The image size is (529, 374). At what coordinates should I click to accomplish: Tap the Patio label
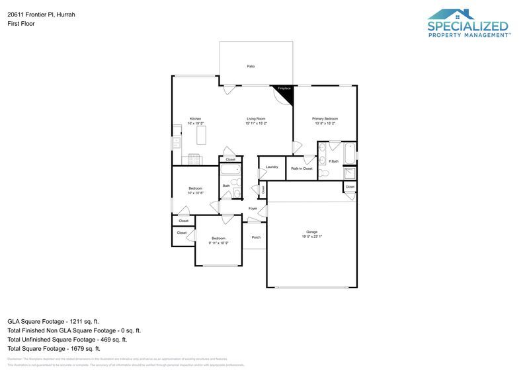click(x=251, y=67)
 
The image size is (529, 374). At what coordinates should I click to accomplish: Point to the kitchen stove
click(x=194, y=159)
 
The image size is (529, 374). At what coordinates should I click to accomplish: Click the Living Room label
click(x=256, y=119)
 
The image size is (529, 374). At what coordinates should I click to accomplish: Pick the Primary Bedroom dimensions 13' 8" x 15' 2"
click(x=325, y=124)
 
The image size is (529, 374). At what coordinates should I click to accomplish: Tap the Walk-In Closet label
click(x=302, y=168)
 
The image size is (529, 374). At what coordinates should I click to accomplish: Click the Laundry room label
click(x=272, y=167)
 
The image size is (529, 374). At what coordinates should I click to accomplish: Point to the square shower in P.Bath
click(x=348, y=172)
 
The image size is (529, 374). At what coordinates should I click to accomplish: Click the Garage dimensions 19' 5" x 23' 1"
click(x=311, y=237)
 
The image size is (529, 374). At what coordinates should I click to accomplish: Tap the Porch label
click(x=256, y=237)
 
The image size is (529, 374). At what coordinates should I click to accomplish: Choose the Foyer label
click(x=253, y=209)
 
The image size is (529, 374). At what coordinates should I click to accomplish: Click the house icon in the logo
click(x=451, y=15)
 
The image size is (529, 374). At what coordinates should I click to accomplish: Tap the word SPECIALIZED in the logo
click(x=468, y=26)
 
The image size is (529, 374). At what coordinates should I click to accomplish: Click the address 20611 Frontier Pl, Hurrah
click(x=41, y=13)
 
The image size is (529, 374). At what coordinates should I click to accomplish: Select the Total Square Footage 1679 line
click(x=54, y=348)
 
